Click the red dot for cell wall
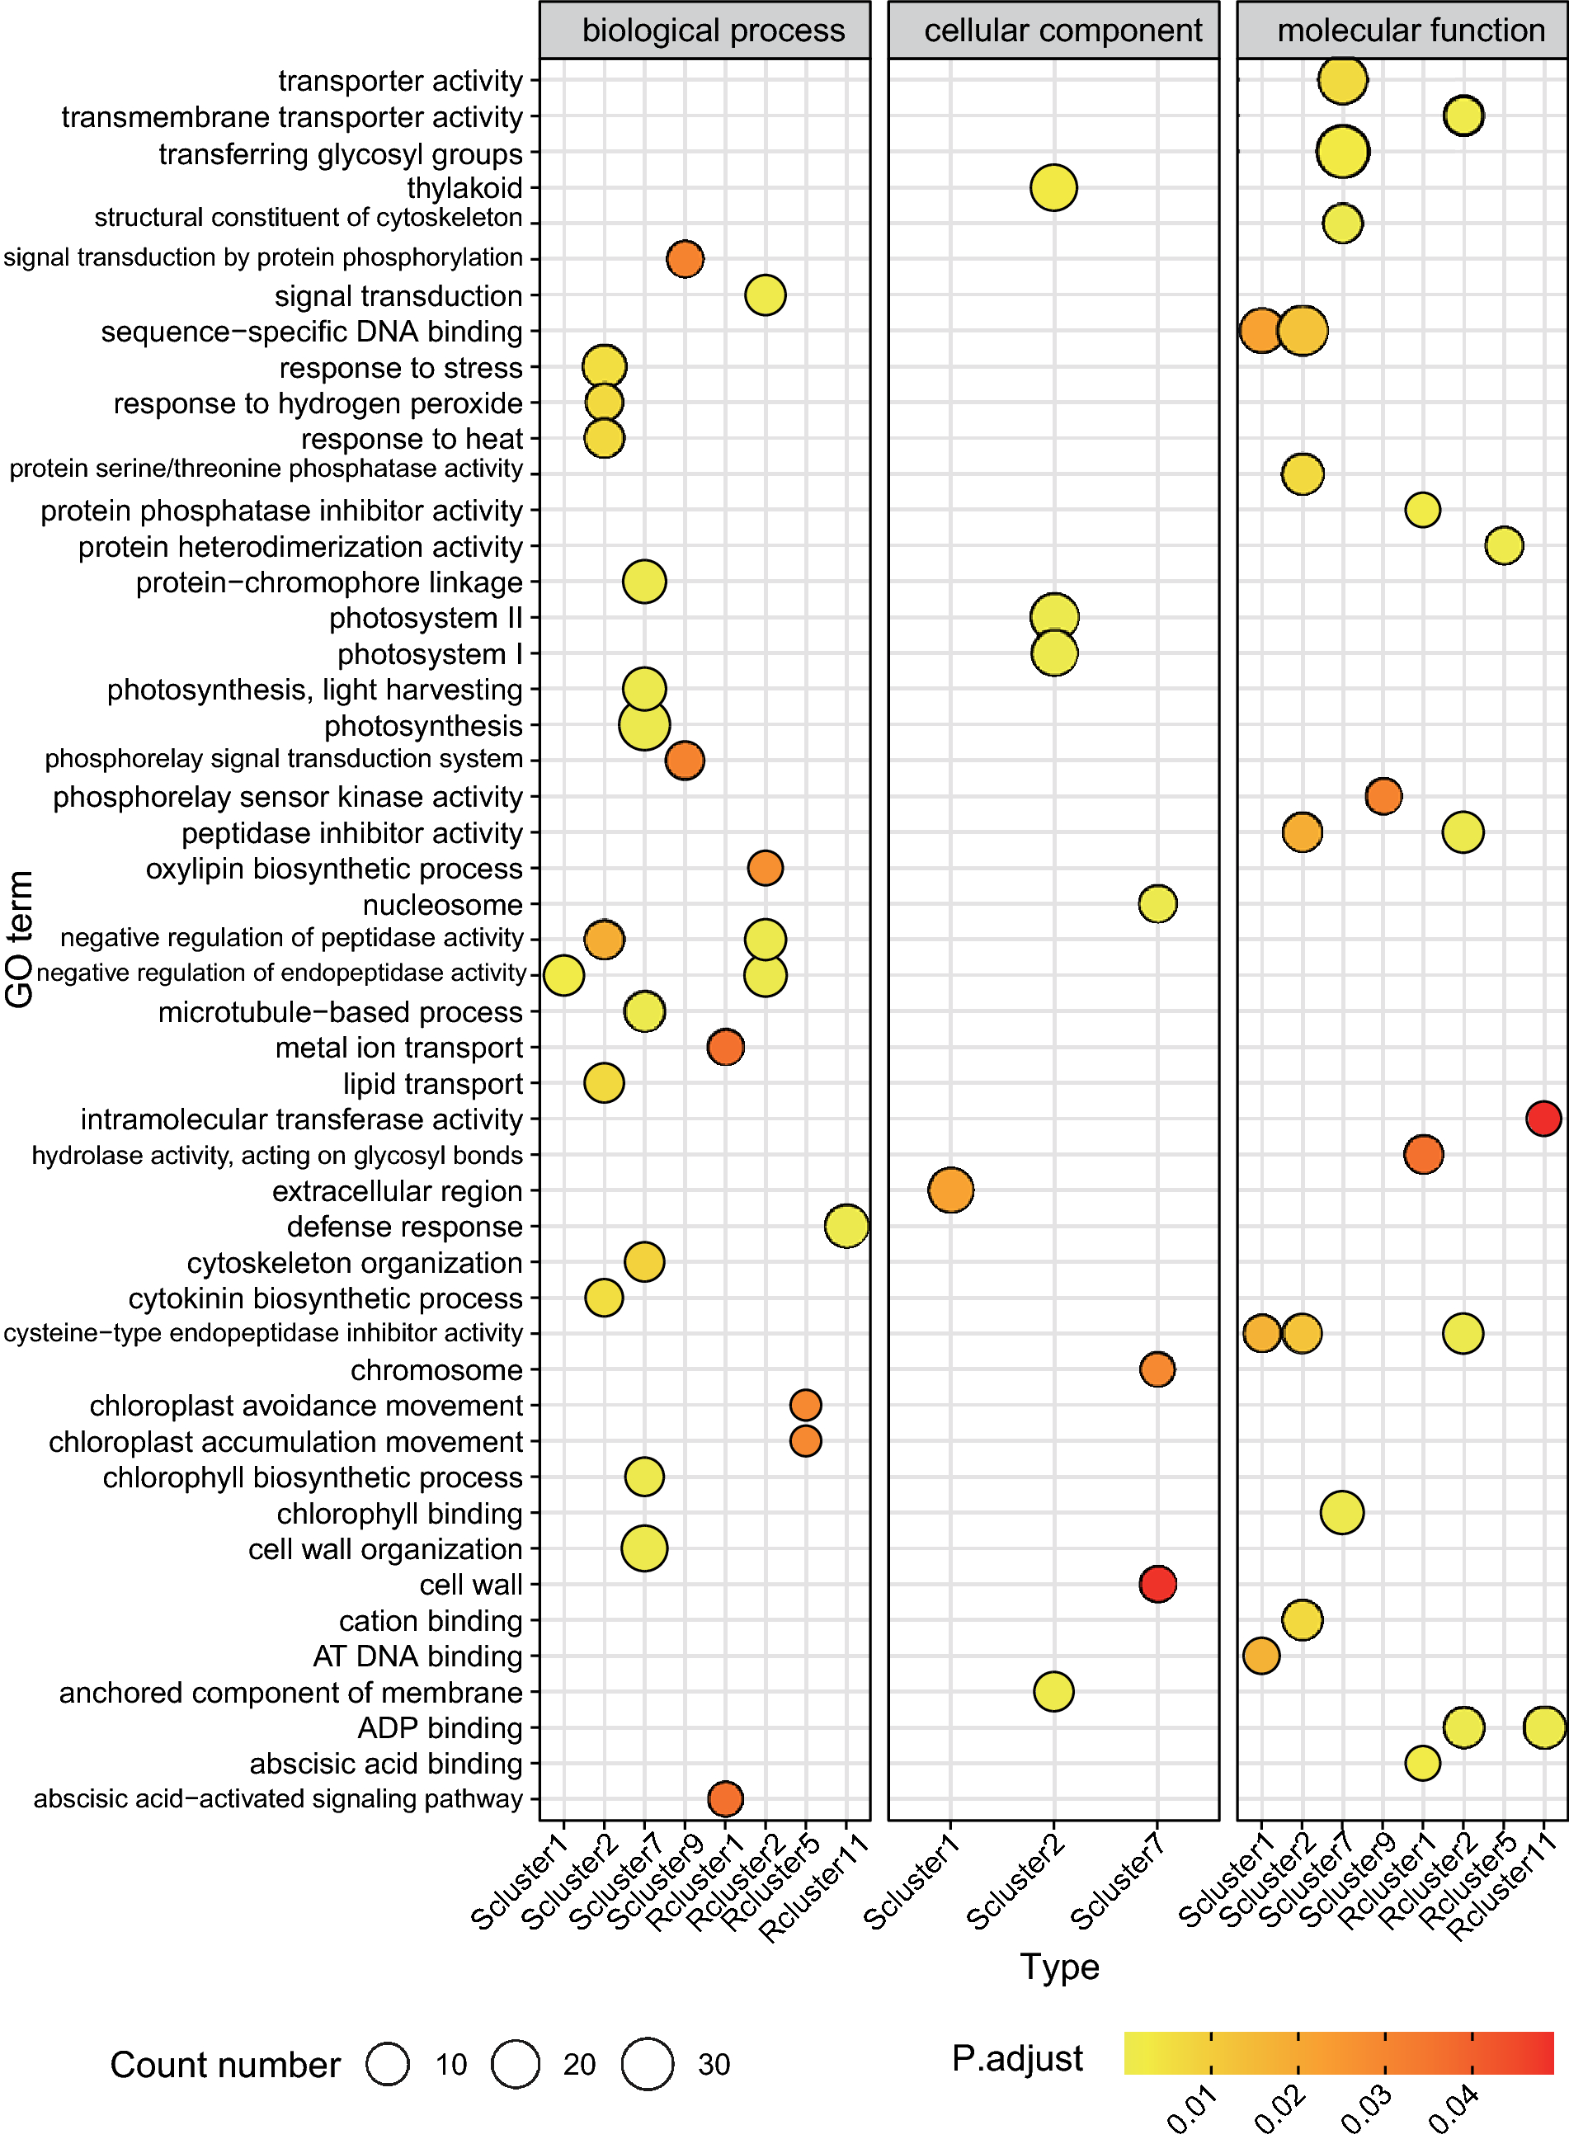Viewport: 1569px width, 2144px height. tap(1157, 1584)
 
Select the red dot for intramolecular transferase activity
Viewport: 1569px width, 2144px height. tap(1543, 1119)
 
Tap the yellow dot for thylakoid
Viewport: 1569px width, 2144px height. tap(1053, 188)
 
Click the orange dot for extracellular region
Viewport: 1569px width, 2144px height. tap(950, 1190)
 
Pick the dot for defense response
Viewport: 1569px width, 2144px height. tap(846, 1226)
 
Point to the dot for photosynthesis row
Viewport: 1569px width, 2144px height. tap(644, 725)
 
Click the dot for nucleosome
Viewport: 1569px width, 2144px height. tap(1157, 904)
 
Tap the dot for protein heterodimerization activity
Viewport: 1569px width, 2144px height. tap(1504, 546)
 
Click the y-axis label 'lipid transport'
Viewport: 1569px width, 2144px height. tap(432, 1083)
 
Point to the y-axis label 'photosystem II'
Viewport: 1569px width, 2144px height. tap(426, 618)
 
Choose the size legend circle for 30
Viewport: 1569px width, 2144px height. tap(648, 2064)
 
